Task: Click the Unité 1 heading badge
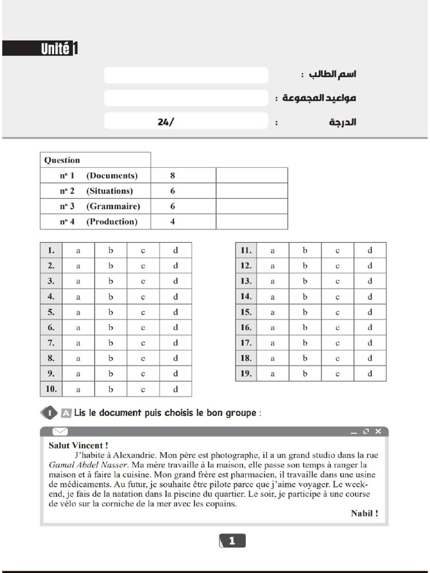40,49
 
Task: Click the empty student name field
186,75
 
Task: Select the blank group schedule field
186,98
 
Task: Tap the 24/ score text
166,121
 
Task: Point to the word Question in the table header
62,160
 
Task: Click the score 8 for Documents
172,176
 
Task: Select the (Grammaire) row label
113,206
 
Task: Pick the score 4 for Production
172,222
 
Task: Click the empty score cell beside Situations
251,191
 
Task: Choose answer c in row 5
143,312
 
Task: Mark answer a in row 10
78,389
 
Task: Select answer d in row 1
175,251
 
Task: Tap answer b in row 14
305,297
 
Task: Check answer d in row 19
370,374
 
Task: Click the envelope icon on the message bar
60,431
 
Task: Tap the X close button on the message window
378,431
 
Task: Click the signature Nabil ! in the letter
364,513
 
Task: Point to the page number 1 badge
232,541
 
